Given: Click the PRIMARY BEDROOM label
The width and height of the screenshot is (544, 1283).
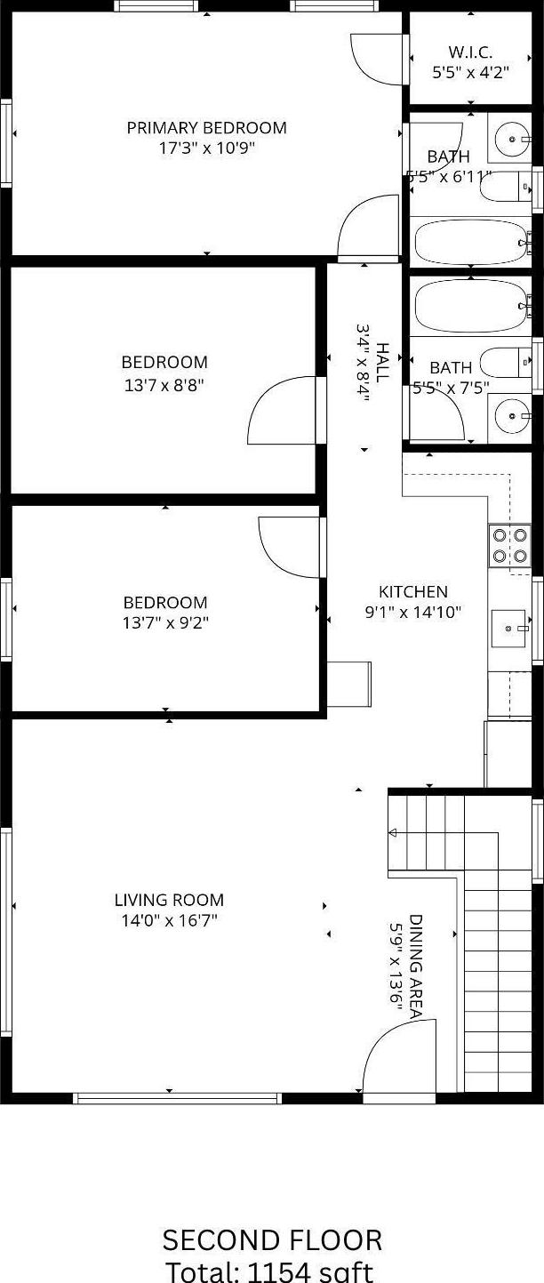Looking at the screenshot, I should (206, 128).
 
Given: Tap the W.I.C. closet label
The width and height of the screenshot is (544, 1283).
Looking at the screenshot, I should (470, 52).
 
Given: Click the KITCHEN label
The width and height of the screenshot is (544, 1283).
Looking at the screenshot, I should (413, 591).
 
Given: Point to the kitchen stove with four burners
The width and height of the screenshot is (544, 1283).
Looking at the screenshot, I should (509, 546).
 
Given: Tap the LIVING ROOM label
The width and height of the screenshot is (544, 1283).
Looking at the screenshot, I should (169, 900).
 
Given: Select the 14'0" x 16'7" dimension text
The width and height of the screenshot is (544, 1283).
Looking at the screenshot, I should (169, 921).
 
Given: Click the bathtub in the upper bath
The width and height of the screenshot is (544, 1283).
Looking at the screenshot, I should (471, 241).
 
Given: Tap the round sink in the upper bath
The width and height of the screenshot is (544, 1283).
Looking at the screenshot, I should (510, 139).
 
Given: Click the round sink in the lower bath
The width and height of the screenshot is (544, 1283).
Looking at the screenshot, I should (510, 413).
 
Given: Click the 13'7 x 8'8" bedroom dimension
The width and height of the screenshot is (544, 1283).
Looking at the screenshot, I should (164, 385).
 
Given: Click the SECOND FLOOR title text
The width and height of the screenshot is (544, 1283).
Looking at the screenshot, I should (272, 1239).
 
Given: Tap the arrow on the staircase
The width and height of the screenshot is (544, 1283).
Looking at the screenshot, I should (394, 833).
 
